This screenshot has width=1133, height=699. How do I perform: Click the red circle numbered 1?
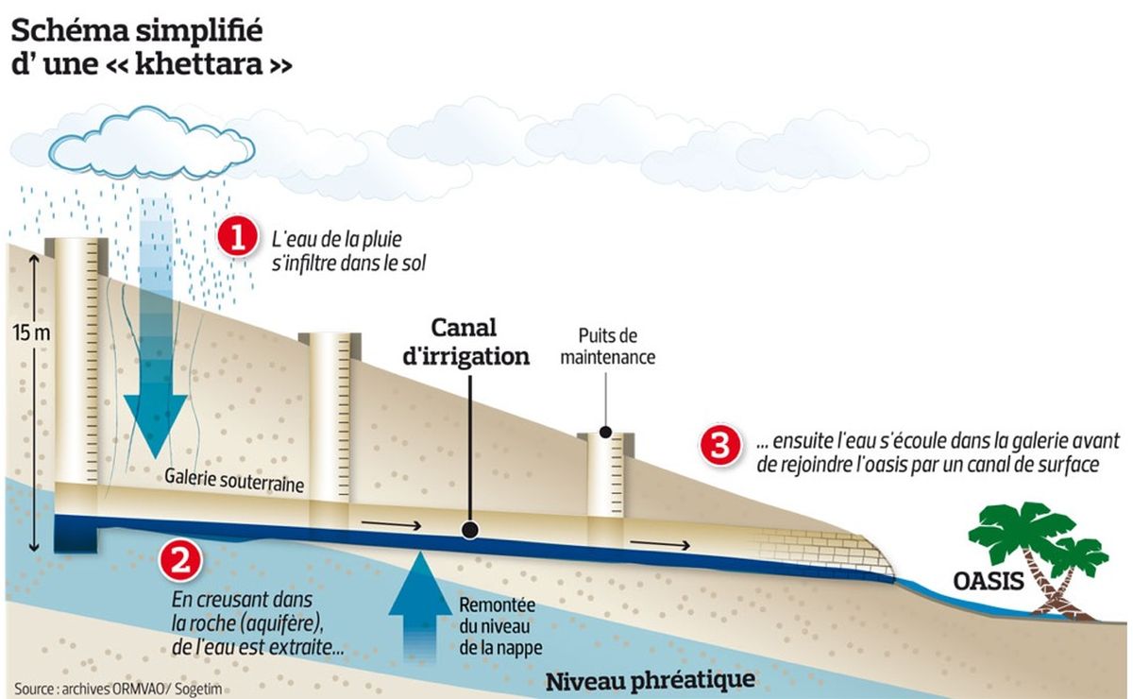pos(238,237)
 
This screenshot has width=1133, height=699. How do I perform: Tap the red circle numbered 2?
pos(180,560)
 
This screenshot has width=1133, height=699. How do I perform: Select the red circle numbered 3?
pos(720,446)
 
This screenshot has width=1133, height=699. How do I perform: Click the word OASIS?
pos(989,581)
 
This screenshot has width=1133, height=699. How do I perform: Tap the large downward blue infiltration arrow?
pos(156,328)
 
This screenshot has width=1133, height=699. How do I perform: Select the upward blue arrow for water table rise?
pos(420,606)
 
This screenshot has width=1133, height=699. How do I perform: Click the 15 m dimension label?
pos(31,333)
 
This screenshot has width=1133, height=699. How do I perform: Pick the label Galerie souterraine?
pos(234,481)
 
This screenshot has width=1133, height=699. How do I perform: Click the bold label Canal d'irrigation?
pos(465,342)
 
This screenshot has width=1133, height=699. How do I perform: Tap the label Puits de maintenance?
pos(607,347)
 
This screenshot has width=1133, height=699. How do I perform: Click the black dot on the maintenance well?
pos(605,432)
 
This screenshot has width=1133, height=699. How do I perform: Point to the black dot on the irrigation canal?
pos(470,529)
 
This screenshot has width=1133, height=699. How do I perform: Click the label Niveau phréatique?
pos(651,680)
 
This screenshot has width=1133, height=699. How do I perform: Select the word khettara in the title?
pos(200,64)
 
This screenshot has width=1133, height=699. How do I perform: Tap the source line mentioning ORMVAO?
pos(118,689)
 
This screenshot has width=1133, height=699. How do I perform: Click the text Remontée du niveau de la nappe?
pos(500,626)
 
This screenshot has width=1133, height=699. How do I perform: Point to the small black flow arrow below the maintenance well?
pos(660,544)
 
